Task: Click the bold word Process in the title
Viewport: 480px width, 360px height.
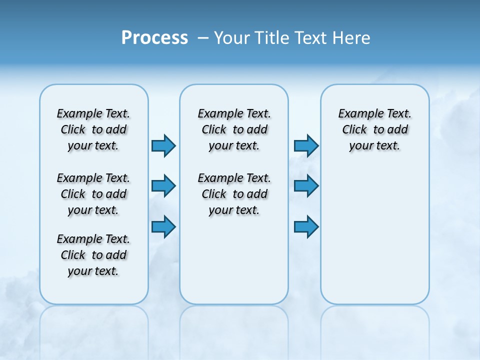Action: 154,38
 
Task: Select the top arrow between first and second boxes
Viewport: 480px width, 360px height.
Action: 163,146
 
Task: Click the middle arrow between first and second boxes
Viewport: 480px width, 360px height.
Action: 163,186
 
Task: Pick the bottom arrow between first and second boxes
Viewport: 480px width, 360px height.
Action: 163,226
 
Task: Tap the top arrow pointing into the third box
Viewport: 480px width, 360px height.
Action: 306,146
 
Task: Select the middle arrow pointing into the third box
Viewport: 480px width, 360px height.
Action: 306,186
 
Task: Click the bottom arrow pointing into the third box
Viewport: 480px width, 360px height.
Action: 306,226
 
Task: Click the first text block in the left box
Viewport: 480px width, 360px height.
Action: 93,129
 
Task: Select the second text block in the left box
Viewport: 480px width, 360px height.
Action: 93,194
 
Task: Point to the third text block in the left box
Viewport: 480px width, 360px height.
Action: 93,255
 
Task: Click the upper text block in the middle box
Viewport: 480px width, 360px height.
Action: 234,129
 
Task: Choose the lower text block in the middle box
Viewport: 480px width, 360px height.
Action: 234,194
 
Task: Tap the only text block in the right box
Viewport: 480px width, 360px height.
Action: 375,129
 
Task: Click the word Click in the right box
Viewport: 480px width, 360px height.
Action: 354,129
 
